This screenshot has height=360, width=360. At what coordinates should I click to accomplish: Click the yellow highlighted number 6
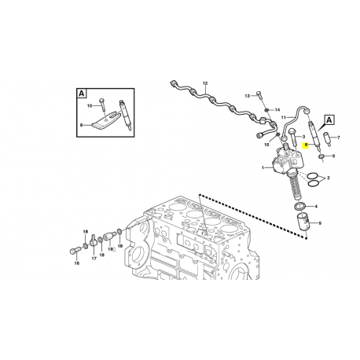(306, 145)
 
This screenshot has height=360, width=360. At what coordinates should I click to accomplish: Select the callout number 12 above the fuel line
(205, 83)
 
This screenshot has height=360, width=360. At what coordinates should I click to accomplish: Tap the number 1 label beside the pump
(263, 168)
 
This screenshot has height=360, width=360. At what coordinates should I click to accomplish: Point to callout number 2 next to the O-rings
(327, 179)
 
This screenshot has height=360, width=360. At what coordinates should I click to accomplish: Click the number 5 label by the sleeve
(318, 223)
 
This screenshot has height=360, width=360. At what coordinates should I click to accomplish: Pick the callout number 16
(76, 264)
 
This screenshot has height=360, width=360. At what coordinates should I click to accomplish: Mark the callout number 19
(111, 248)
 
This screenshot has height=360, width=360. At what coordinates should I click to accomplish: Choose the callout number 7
(340, 138)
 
